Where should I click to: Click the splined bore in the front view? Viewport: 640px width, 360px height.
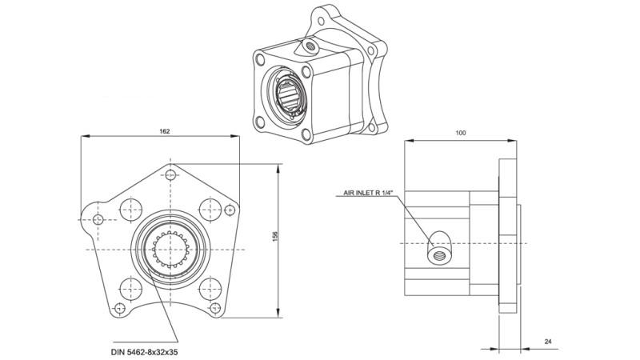pyautogui.click(x=170, y=249)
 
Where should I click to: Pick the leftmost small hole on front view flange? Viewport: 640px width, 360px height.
pyautogui.click(x=98, y=220)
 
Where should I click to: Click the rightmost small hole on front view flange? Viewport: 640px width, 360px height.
pyautogui.click(x=230, y=210)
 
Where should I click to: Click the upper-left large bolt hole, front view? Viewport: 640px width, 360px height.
pyautogui.click(x=128, y=210)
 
